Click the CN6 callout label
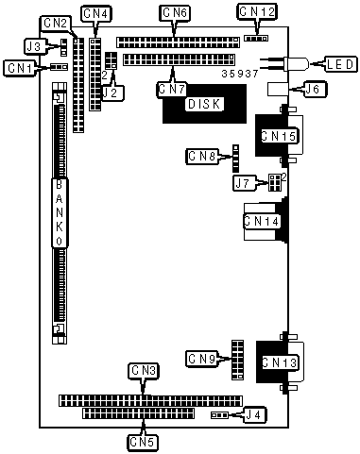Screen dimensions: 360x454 [x=176, y=13]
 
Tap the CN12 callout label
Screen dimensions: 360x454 [x=257, y=12]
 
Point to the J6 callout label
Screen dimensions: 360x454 [x=314, y=89]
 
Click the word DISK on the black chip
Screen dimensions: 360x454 [x=204, y=104]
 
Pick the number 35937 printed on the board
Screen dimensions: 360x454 [x=240, y=74]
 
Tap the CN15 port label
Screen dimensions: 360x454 [x=279, y=136]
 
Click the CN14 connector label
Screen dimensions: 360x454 [x=262, y=221]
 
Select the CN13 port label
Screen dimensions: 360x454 [x=280, y=362]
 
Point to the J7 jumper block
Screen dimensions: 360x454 [x=275, y=182]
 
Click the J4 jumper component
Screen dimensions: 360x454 [x=219, y=415]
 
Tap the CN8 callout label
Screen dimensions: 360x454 [x=201, y=156]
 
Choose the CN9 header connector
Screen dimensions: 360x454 [x=237, y=360]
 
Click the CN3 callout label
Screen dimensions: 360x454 [x=144, y=371]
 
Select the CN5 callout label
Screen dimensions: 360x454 [x=143, y=443]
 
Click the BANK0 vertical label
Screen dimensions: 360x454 [x=60, y=213]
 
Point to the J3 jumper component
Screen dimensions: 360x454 [x=63, y=47]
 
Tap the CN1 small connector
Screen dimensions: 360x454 [x=60, y=67]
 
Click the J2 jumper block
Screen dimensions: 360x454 [x=111, y=60]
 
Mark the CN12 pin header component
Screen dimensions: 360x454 [x=256, y=39]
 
